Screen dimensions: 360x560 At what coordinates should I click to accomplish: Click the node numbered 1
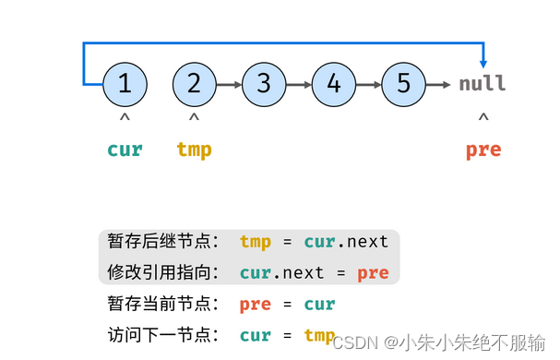click(x=125, y=84)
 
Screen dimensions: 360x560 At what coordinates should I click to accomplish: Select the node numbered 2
click(x=194, y=84)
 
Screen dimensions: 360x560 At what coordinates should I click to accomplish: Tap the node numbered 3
click(x=264, y=84)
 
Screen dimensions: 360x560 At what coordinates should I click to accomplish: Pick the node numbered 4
click(x=334, y=84)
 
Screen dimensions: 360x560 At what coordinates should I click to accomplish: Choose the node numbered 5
click(x=403, y=84)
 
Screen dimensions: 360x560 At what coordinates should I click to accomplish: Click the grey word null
click(x=483, y=84)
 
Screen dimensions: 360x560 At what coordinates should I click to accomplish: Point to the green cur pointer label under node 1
click(x=125, y=150)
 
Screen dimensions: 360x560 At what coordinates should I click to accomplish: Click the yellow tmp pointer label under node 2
click(x=194, y=150)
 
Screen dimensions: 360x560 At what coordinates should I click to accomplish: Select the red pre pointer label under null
click(x=483, y=150)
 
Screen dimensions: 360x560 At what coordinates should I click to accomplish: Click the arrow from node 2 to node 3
click(x=229, y=84)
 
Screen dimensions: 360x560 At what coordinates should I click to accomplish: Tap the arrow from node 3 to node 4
click(x=299, y=84)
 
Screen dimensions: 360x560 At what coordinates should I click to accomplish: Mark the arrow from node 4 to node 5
click(x=369, y=84)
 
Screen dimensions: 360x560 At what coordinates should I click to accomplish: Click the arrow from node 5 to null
click(x=441, y=84)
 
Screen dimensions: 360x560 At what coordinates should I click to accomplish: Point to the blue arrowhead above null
click(x=483, y=58)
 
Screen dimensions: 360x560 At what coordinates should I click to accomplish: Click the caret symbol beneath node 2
click(x=194, y=118)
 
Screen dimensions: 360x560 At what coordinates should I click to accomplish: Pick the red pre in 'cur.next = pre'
click(x=373, y=273)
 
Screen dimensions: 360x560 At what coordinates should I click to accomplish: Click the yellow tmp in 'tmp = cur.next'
click(x=256, y=242)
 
